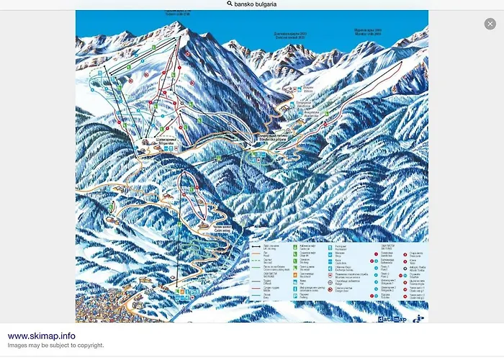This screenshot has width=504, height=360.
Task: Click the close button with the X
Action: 490,24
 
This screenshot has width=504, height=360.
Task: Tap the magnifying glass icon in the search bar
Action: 230,4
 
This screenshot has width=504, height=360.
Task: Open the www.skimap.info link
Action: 41,336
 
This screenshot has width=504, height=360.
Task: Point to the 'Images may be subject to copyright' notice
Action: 56,346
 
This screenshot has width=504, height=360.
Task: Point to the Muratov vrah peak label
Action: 368,32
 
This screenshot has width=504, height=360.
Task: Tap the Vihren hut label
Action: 307,89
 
